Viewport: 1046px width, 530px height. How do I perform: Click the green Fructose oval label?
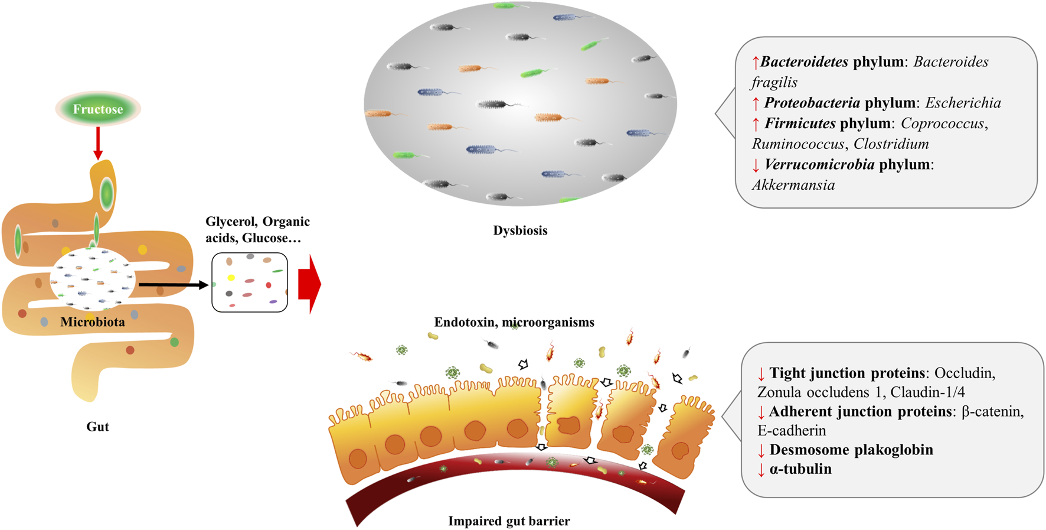[x=98, y=109]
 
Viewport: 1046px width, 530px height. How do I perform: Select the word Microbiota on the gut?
[x=93, y=322]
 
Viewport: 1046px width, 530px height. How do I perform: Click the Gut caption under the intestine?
[x=97, y=427]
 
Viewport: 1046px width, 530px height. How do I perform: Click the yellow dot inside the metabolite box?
[x=231, y=278]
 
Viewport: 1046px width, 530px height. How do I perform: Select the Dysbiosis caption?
[x=520, y=230]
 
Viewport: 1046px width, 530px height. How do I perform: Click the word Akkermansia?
[x=793, y=185]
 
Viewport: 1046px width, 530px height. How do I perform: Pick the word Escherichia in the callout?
[x=963, y=103]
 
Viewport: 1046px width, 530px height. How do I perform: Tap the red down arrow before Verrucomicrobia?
[x=756, y=165]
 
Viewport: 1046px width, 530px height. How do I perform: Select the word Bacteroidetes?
[x=804, y=61]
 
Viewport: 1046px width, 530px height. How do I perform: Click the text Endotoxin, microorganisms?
[x=514, y=322]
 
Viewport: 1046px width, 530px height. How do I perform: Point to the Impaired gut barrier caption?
[x=509, y=521]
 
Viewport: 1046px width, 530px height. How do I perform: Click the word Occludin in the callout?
[x=965, y=373]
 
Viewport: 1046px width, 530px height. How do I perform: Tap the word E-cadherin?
[x=792, y=431]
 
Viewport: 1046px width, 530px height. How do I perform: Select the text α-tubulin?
[x=800, y=469]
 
